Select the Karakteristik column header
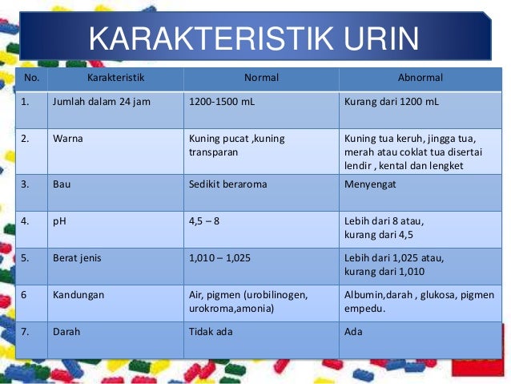pyautogui.click(x=115, y=79)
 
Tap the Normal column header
pyautogui.click(x=260, y=79)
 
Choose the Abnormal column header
pyautogui.click(x=420, y=79)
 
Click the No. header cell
pyautogui.click(x=31, y=79)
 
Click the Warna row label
pyautogui.click(x=68, y=138)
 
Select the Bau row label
pyautogui.click(x=62, y=184)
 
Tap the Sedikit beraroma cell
pyautogui.click(x=227, y=184)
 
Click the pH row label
pyautogui.click(x=59, y=220)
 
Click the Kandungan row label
pyautogui.click(x=78, y=295)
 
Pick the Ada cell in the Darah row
pyautogui.click(x=352, y=331)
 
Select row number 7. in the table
pyautogui.click(x=26, y=331)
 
